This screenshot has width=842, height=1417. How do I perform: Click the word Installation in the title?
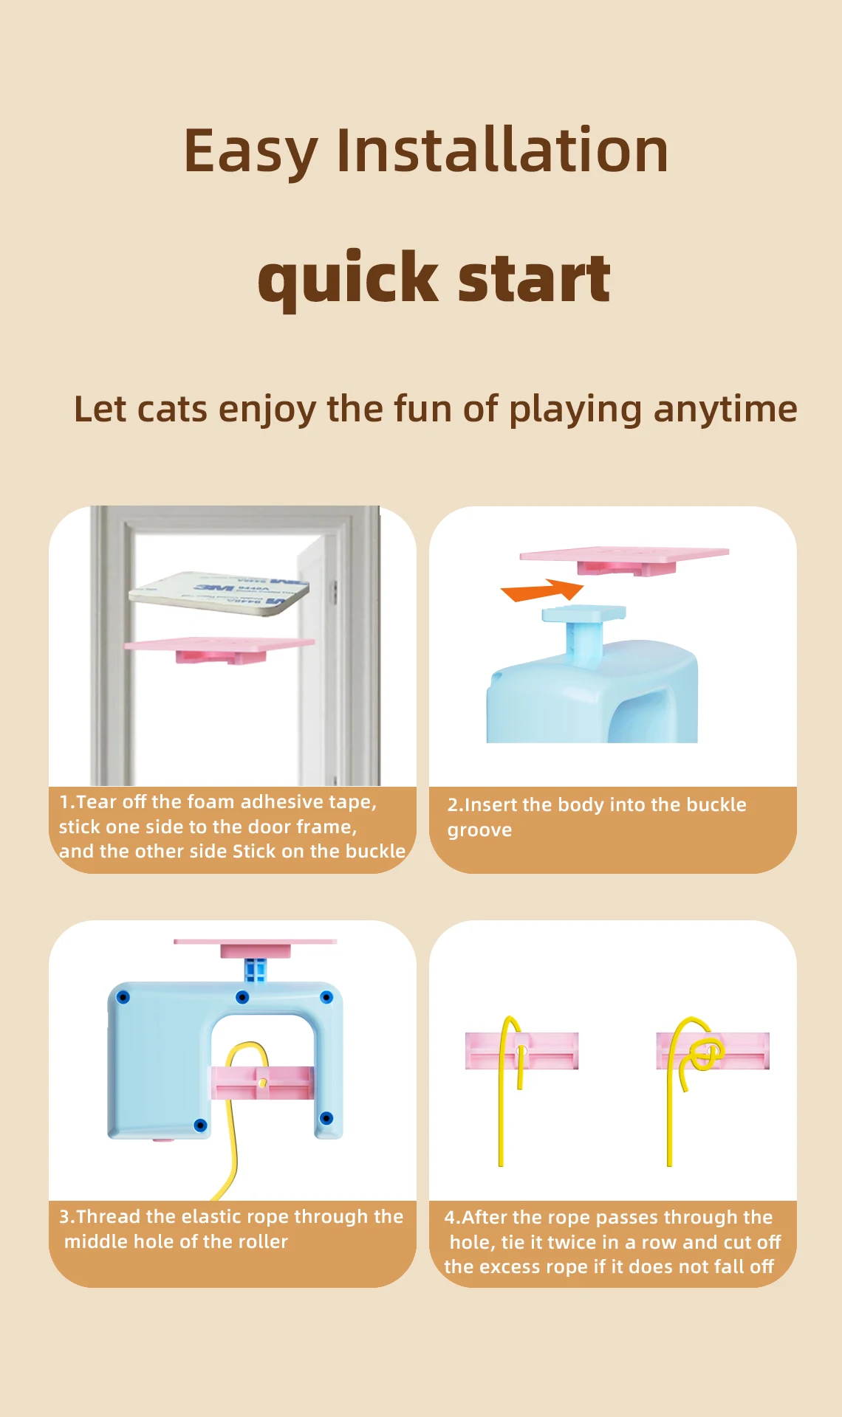click(502, 151)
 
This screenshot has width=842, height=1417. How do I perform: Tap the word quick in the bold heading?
click(348, 278)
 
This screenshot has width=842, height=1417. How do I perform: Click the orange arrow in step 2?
click(543, 590)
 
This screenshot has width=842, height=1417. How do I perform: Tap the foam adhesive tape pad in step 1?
click(219, 592)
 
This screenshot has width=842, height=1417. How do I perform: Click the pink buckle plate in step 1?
click(219, 649)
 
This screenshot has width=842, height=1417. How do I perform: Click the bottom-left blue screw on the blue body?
click(200, 1125)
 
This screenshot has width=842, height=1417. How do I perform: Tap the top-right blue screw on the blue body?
click(326, 998)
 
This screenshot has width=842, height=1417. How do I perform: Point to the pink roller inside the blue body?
click(263, 1083)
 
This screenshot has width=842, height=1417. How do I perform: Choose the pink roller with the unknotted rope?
click(521, 1051)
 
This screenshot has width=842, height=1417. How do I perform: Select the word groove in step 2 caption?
click(479, 831)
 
